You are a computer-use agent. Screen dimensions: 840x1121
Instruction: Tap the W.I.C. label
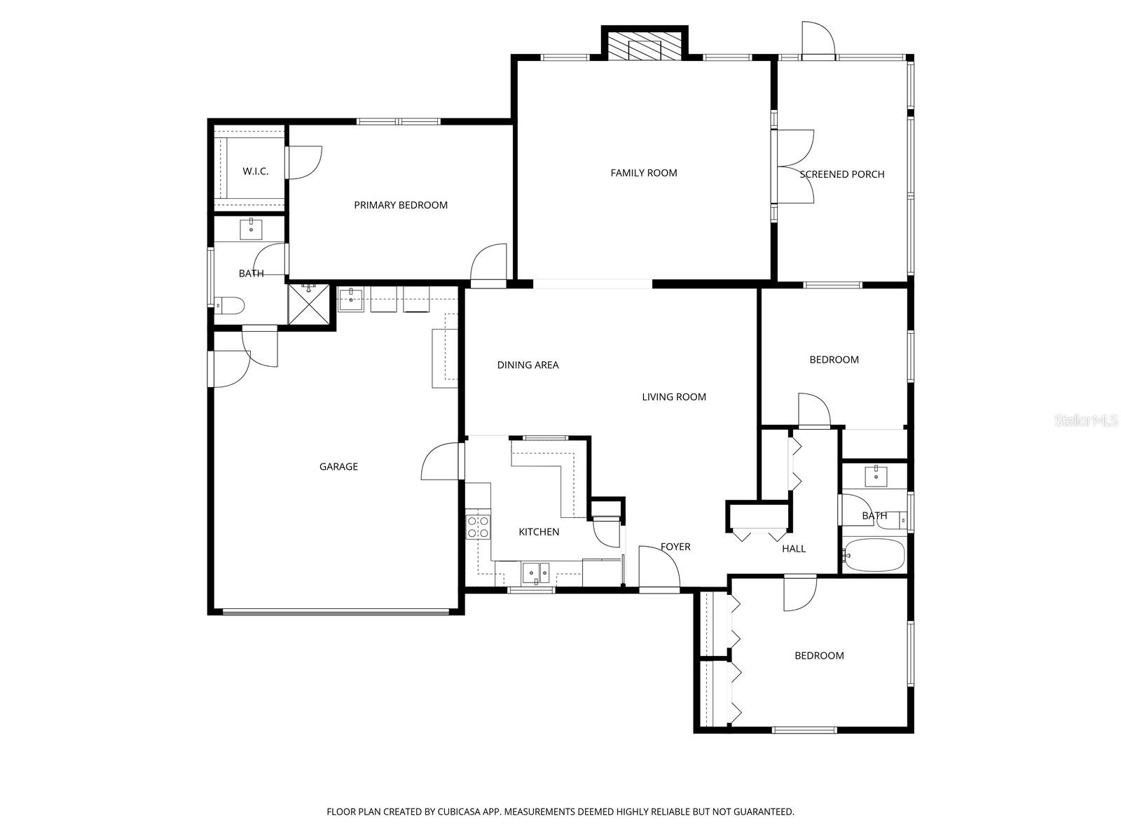click(255, 171)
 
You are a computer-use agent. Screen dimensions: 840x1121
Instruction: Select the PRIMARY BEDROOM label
click(400, 205)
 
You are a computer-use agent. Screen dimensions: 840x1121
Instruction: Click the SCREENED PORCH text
click(841, 174)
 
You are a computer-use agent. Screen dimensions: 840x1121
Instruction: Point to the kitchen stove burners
click(478, 526)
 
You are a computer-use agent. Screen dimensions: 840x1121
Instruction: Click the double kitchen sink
click(535, 573)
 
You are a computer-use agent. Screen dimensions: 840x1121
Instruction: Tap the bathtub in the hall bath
click(874, 555)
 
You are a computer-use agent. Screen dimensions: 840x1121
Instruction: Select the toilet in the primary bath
click(230, 305)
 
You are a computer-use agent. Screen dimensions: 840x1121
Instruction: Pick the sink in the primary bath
click(251, 228)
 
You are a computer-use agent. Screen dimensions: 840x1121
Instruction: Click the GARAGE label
click(338, 467)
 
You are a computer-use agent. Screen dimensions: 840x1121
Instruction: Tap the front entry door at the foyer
click(659, 589)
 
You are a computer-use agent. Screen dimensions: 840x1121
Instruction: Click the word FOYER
click(675, 547)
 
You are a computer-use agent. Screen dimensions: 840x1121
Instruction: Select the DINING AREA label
click(528, 365)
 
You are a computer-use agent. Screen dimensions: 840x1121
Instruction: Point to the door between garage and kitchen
click(462, 461)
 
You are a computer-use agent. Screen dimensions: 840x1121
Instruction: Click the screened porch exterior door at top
click(818, 56)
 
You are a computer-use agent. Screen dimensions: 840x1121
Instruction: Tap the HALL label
click(793, 549)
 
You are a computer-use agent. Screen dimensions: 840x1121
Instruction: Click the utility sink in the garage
click(350, 299)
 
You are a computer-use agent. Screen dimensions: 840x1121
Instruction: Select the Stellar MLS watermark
click(1087, 421)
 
